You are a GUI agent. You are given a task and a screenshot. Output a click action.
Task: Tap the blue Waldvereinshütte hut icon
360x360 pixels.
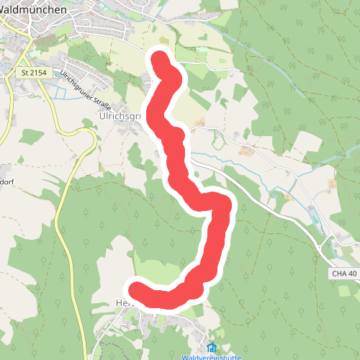[x=211, y=347]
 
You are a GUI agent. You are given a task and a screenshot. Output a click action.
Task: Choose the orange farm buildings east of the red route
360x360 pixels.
[x=246, y=150]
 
